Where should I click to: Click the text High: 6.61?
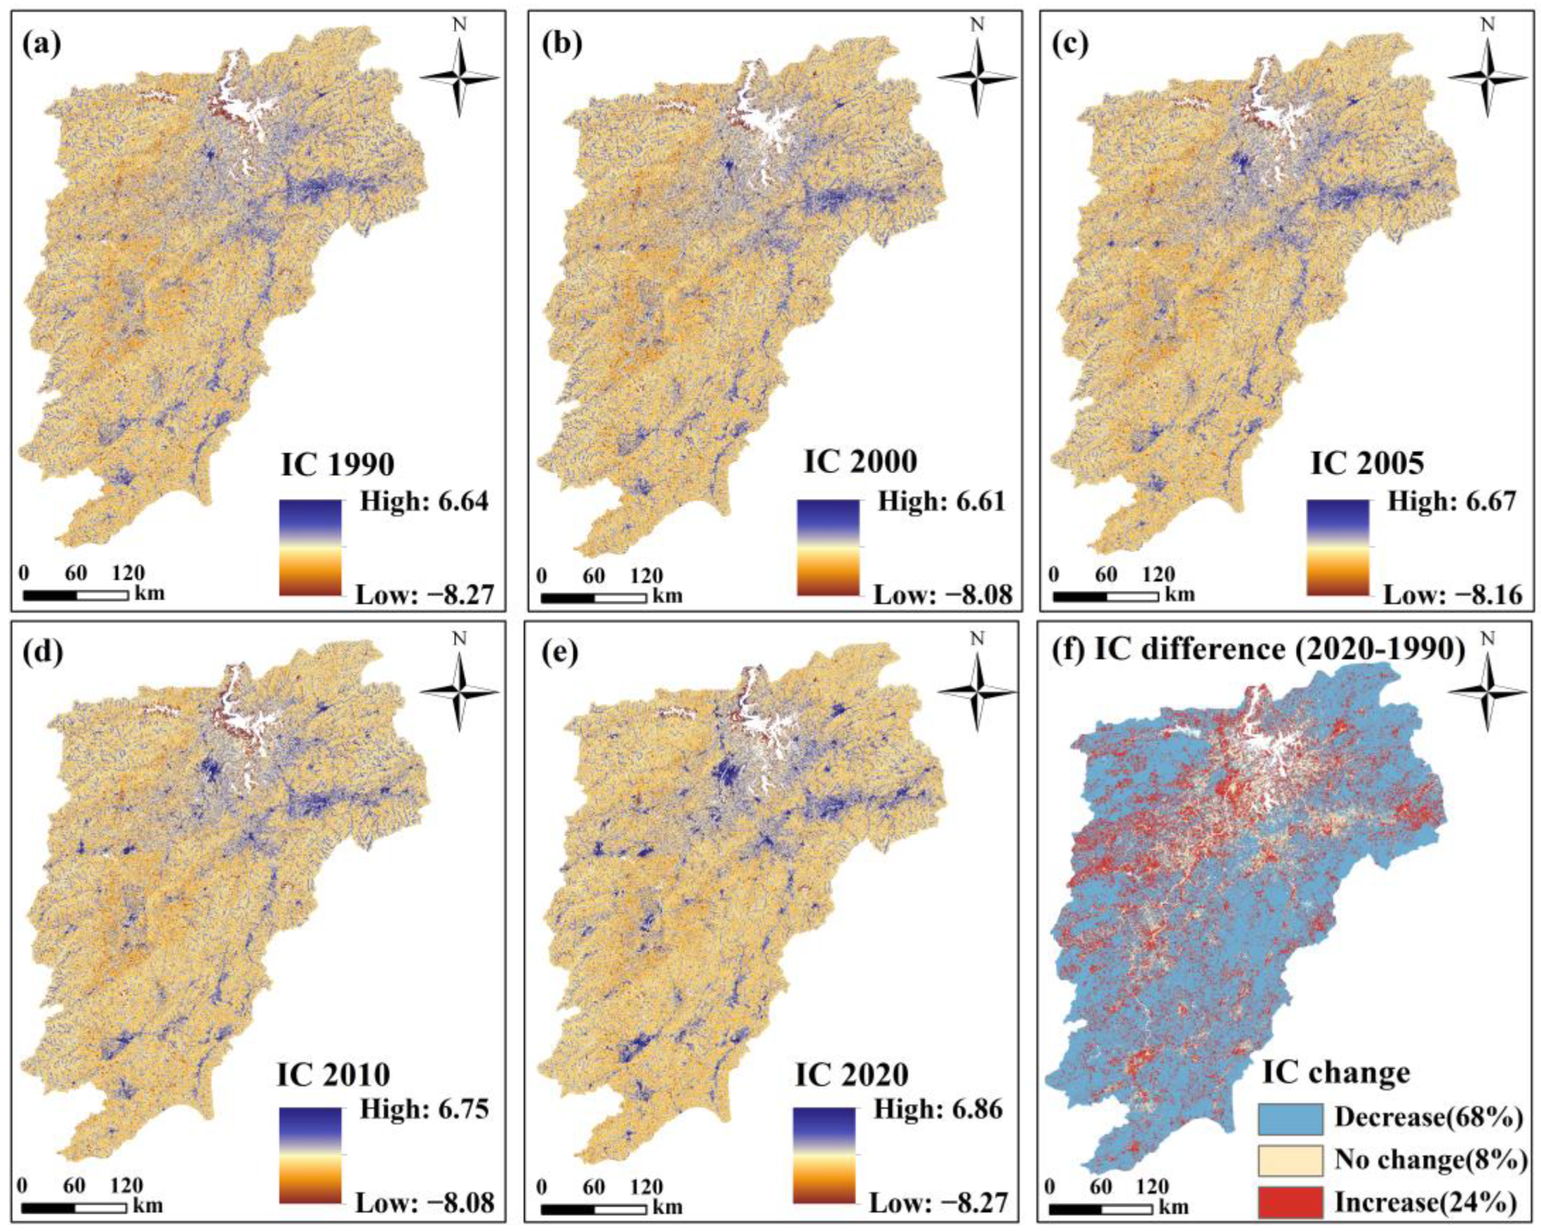(941, 501)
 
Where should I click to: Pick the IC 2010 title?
(334, 1074)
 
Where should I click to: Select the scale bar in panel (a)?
(76, 595)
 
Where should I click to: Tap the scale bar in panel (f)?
(1100, 1209)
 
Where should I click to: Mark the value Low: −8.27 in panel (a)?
(425, 594)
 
